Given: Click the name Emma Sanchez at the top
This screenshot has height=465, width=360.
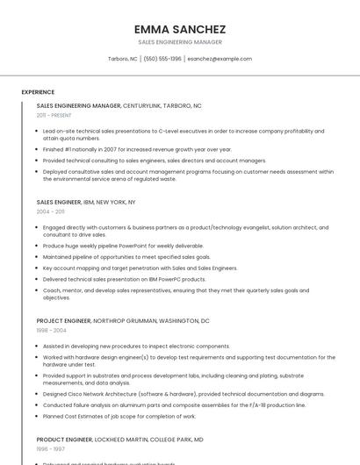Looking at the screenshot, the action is click(179, 29).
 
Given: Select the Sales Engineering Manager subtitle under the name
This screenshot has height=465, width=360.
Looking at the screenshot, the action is click(179, 42).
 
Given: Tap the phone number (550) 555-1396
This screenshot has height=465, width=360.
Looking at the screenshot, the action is click(162, 59).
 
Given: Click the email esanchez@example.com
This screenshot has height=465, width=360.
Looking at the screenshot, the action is click(220, 59).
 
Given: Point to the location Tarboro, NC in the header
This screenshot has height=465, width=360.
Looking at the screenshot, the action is click(122, 59).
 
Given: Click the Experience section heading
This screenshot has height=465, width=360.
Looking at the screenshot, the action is click(38, 92).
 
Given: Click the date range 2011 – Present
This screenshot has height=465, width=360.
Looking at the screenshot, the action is click(54, 115).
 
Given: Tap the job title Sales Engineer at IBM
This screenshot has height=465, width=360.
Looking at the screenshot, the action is click(58, 202).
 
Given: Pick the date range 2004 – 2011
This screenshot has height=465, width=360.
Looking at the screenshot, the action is click(50, 211).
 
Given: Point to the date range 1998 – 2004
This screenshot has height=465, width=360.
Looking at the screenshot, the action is click(51, 331).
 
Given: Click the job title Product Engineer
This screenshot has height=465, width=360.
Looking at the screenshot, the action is click(64, 439).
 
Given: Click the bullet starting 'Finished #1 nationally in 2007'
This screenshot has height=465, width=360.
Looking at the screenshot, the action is click(137, 149).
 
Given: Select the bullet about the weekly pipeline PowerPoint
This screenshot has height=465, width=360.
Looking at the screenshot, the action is click(123, 246).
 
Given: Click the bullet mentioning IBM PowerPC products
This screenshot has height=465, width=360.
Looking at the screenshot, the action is click(124, 279).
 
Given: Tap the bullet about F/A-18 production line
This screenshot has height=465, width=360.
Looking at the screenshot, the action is click(174, 404).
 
